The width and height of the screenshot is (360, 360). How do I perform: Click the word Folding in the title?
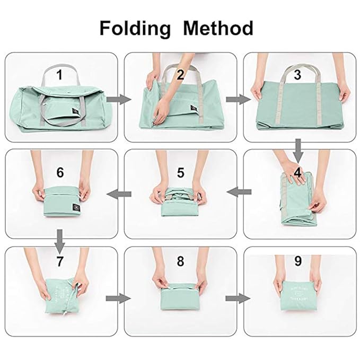click(135, 28)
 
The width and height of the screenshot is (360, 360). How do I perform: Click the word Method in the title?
click(218, 28)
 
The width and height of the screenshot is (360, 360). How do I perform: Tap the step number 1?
click(60, 75)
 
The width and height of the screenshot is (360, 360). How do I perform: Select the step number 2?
click(180, 75)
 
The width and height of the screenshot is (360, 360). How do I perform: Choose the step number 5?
click(181, 172)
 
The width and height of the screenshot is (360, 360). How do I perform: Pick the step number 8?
click(180, 261)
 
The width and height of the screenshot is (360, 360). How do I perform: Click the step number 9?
click(297, 261)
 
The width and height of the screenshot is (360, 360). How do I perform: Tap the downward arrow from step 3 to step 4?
click(298, 149)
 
